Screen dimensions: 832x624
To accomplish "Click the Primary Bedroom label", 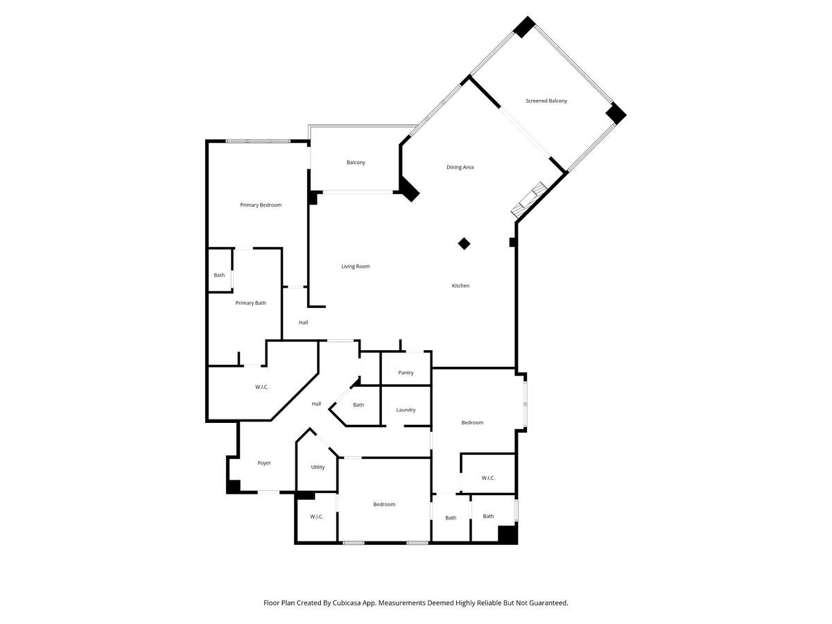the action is click(x=261, y=205).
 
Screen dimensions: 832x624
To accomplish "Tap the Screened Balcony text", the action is click(x=546, y=101).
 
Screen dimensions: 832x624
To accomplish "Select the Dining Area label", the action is click(x=460, y=167).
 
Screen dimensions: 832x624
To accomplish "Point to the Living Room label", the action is click(x=355, y=266).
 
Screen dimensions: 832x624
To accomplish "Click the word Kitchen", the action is click(x=460, y=286).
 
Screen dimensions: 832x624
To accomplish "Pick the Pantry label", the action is click(x=406, y=373).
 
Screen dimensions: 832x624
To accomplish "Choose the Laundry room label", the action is click(x=406, y=410).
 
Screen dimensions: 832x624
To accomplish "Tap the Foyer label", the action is click(x=264, y=463).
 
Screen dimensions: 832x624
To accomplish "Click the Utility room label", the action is click(x=318, y=467).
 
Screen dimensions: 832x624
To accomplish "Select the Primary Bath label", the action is click(x=250, y=303).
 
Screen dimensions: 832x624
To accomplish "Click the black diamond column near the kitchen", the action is click(x=464, y=243).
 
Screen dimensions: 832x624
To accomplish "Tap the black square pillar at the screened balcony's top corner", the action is click(x=524, y=27).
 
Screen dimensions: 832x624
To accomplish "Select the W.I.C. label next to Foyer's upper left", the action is click(x=261, y=387).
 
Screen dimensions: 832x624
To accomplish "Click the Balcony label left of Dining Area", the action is click(x=356, y=162).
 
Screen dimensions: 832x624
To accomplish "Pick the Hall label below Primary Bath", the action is click(x=303, y=322).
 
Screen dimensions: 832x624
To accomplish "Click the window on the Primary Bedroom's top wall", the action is click(x=258, y=141).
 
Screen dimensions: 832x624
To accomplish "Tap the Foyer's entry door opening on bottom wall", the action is click(x=269, y=492).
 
